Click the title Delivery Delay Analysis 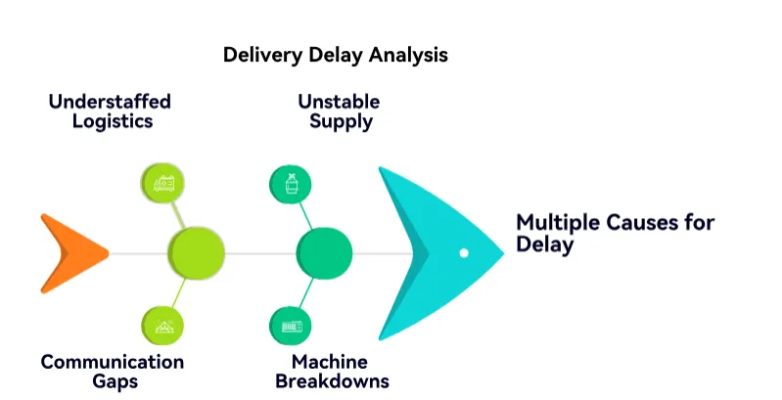click(x=335, y=55)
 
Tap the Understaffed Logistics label click(x=110, y=111)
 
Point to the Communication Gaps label click(x=112, y=372)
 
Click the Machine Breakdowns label click(x=333, y=372)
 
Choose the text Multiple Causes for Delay click(x=615, y=233)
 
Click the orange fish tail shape click(x=70, y=252)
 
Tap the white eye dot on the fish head click(x=464, y=253)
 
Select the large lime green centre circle click(x=196, y=252)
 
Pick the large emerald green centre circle click(x=324, y=252)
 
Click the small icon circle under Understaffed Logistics click(x=163, y=183)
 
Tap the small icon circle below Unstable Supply click(x=291, y=183)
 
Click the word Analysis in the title click(x=408, y=55)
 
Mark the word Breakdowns click(x=333, y=381)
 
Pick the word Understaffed click(x=110, y=102)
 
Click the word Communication click(x=112, y=362)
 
